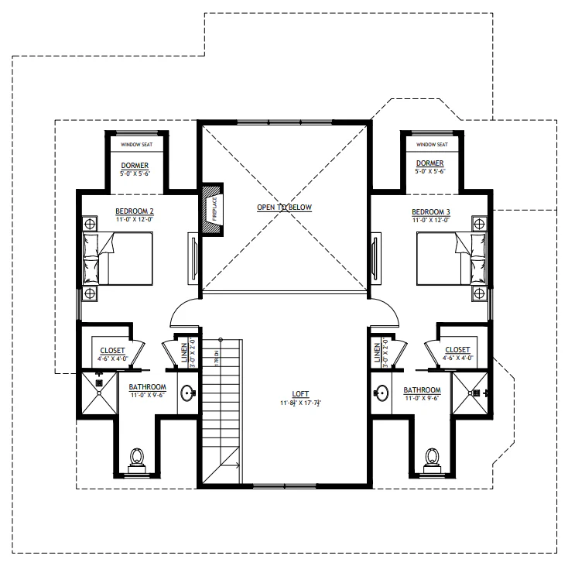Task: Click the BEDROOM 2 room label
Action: (x=135, y=211)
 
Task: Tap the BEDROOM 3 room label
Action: (x=431, y=211)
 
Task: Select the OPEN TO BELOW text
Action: (x=284, y=208)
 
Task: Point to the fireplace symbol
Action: (x=210, y=209)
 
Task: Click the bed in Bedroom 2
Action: (x=124, y=259)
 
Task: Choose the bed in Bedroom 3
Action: (x=444, y=259)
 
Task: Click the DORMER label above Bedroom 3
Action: (x=429, y=163)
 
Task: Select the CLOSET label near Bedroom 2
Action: (x=112, y=350)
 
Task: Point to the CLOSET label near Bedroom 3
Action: (x=457, y=350)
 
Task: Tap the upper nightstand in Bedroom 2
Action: (x=90, y=224)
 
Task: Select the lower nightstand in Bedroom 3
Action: (x=479, y=293)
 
